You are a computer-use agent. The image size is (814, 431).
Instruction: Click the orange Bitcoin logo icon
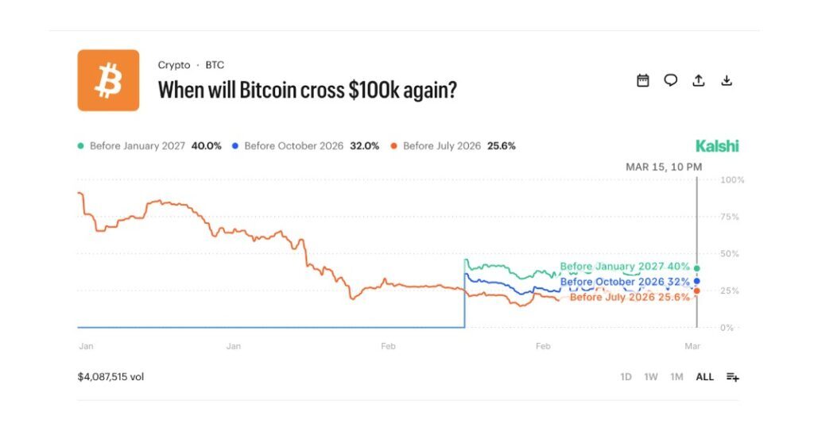pyautogui.click(x=108, y=80)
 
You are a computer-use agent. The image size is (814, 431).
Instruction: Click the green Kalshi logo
pyautogui.click(x=716, y=146)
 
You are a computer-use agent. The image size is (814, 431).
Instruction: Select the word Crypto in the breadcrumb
pyautogui.click(x=174, y=65)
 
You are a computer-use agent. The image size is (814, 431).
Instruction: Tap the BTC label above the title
pyautogui.click(x=215, y=65)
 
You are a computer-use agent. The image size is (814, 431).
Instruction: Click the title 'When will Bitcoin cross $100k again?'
pyautogui.click(x=307, y=90)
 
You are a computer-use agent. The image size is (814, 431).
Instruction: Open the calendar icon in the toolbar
pyautogui.click(x=643, y=80)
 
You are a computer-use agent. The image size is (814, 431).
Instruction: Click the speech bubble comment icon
pyautogui.click(x=671, y=80)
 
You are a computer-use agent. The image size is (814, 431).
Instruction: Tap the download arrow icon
pyautogui.click(x=726, y=80)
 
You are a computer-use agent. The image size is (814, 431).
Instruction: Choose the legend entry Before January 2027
pyautogui.click(x=149, y=146)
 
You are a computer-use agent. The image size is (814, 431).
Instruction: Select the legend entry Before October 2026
pyautogui.click(x=304, y=146)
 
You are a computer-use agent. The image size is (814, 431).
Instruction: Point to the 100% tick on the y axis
pyautogui.click(x=731, y=180)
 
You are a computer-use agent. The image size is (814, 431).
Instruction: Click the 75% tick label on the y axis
pyautogui.click(x=729, y=217)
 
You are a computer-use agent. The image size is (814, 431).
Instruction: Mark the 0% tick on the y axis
pyautogui.click(x=727, y=327)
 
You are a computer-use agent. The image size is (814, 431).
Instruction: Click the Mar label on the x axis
pyautogui.click(x=692, y=347)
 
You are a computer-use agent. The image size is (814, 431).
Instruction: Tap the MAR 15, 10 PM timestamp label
pyautogui.click(x=663, y=167)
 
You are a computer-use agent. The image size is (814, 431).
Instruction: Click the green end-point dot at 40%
pyautogui.click(x=697, y=268)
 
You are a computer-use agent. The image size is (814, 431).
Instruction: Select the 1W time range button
pyautogui.click(x=650, y=377)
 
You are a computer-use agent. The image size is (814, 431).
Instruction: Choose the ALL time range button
pyautogui.click(x=704, y=377)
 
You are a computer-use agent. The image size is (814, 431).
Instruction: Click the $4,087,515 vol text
pyautogui.click(x=110, y=377)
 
